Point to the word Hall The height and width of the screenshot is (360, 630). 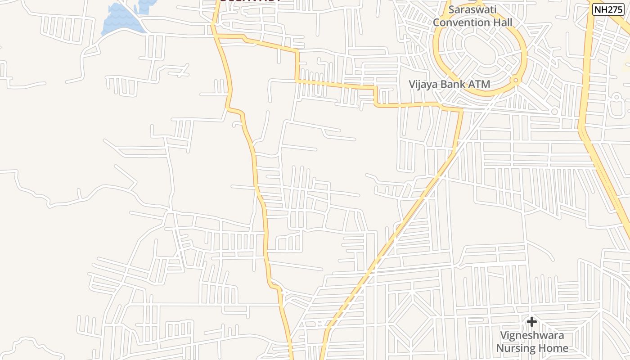click(x=501, y=22)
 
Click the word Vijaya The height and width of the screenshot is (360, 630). click(x=423, y=84)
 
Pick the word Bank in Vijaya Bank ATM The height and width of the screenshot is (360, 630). click(x=455, y=84)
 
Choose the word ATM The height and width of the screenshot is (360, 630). click(x=480, y=84)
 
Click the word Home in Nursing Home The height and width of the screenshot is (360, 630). click(x=554, y=348)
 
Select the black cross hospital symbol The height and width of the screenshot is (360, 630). click(x=532, y=321)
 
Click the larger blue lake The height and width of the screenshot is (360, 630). click(x=119, y=20)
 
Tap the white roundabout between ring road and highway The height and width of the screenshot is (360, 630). click(x=554, y=111)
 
